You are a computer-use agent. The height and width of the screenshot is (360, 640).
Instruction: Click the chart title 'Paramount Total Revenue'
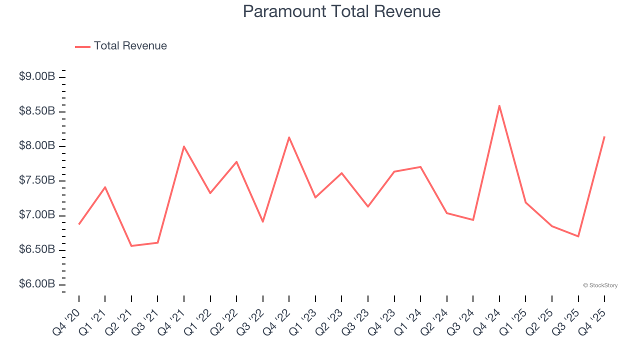tap(341, 11)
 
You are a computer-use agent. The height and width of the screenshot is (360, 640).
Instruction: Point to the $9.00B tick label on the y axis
tap(37, 76)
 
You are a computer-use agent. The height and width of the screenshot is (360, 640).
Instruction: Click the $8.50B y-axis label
tap(37, 111)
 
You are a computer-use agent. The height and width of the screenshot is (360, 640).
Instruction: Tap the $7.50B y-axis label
tap(37, 180)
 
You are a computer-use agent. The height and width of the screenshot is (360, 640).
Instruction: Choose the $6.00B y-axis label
tap(37, 284)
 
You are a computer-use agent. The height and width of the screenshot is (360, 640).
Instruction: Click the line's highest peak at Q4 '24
tap(499, 105)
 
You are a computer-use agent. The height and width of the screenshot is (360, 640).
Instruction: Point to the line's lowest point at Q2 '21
tap(131, 246)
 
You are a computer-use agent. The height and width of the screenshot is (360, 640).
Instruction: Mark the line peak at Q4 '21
tap(184, 146)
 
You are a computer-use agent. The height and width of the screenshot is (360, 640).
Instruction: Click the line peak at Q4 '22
tap(289, 137)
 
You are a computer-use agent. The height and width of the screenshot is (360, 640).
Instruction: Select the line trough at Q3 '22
tap(263, 221)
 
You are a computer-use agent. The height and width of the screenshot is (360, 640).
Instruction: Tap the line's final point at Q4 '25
tap(604, 136)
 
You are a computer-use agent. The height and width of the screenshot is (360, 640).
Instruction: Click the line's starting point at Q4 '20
tap(79, 224)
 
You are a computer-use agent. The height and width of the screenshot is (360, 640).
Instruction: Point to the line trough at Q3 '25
tap(578, 236)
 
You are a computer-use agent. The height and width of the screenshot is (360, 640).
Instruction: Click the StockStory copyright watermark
tap(600, 285)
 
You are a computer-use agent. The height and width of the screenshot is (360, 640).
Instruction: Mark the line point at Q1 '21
tap(105, 187)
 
